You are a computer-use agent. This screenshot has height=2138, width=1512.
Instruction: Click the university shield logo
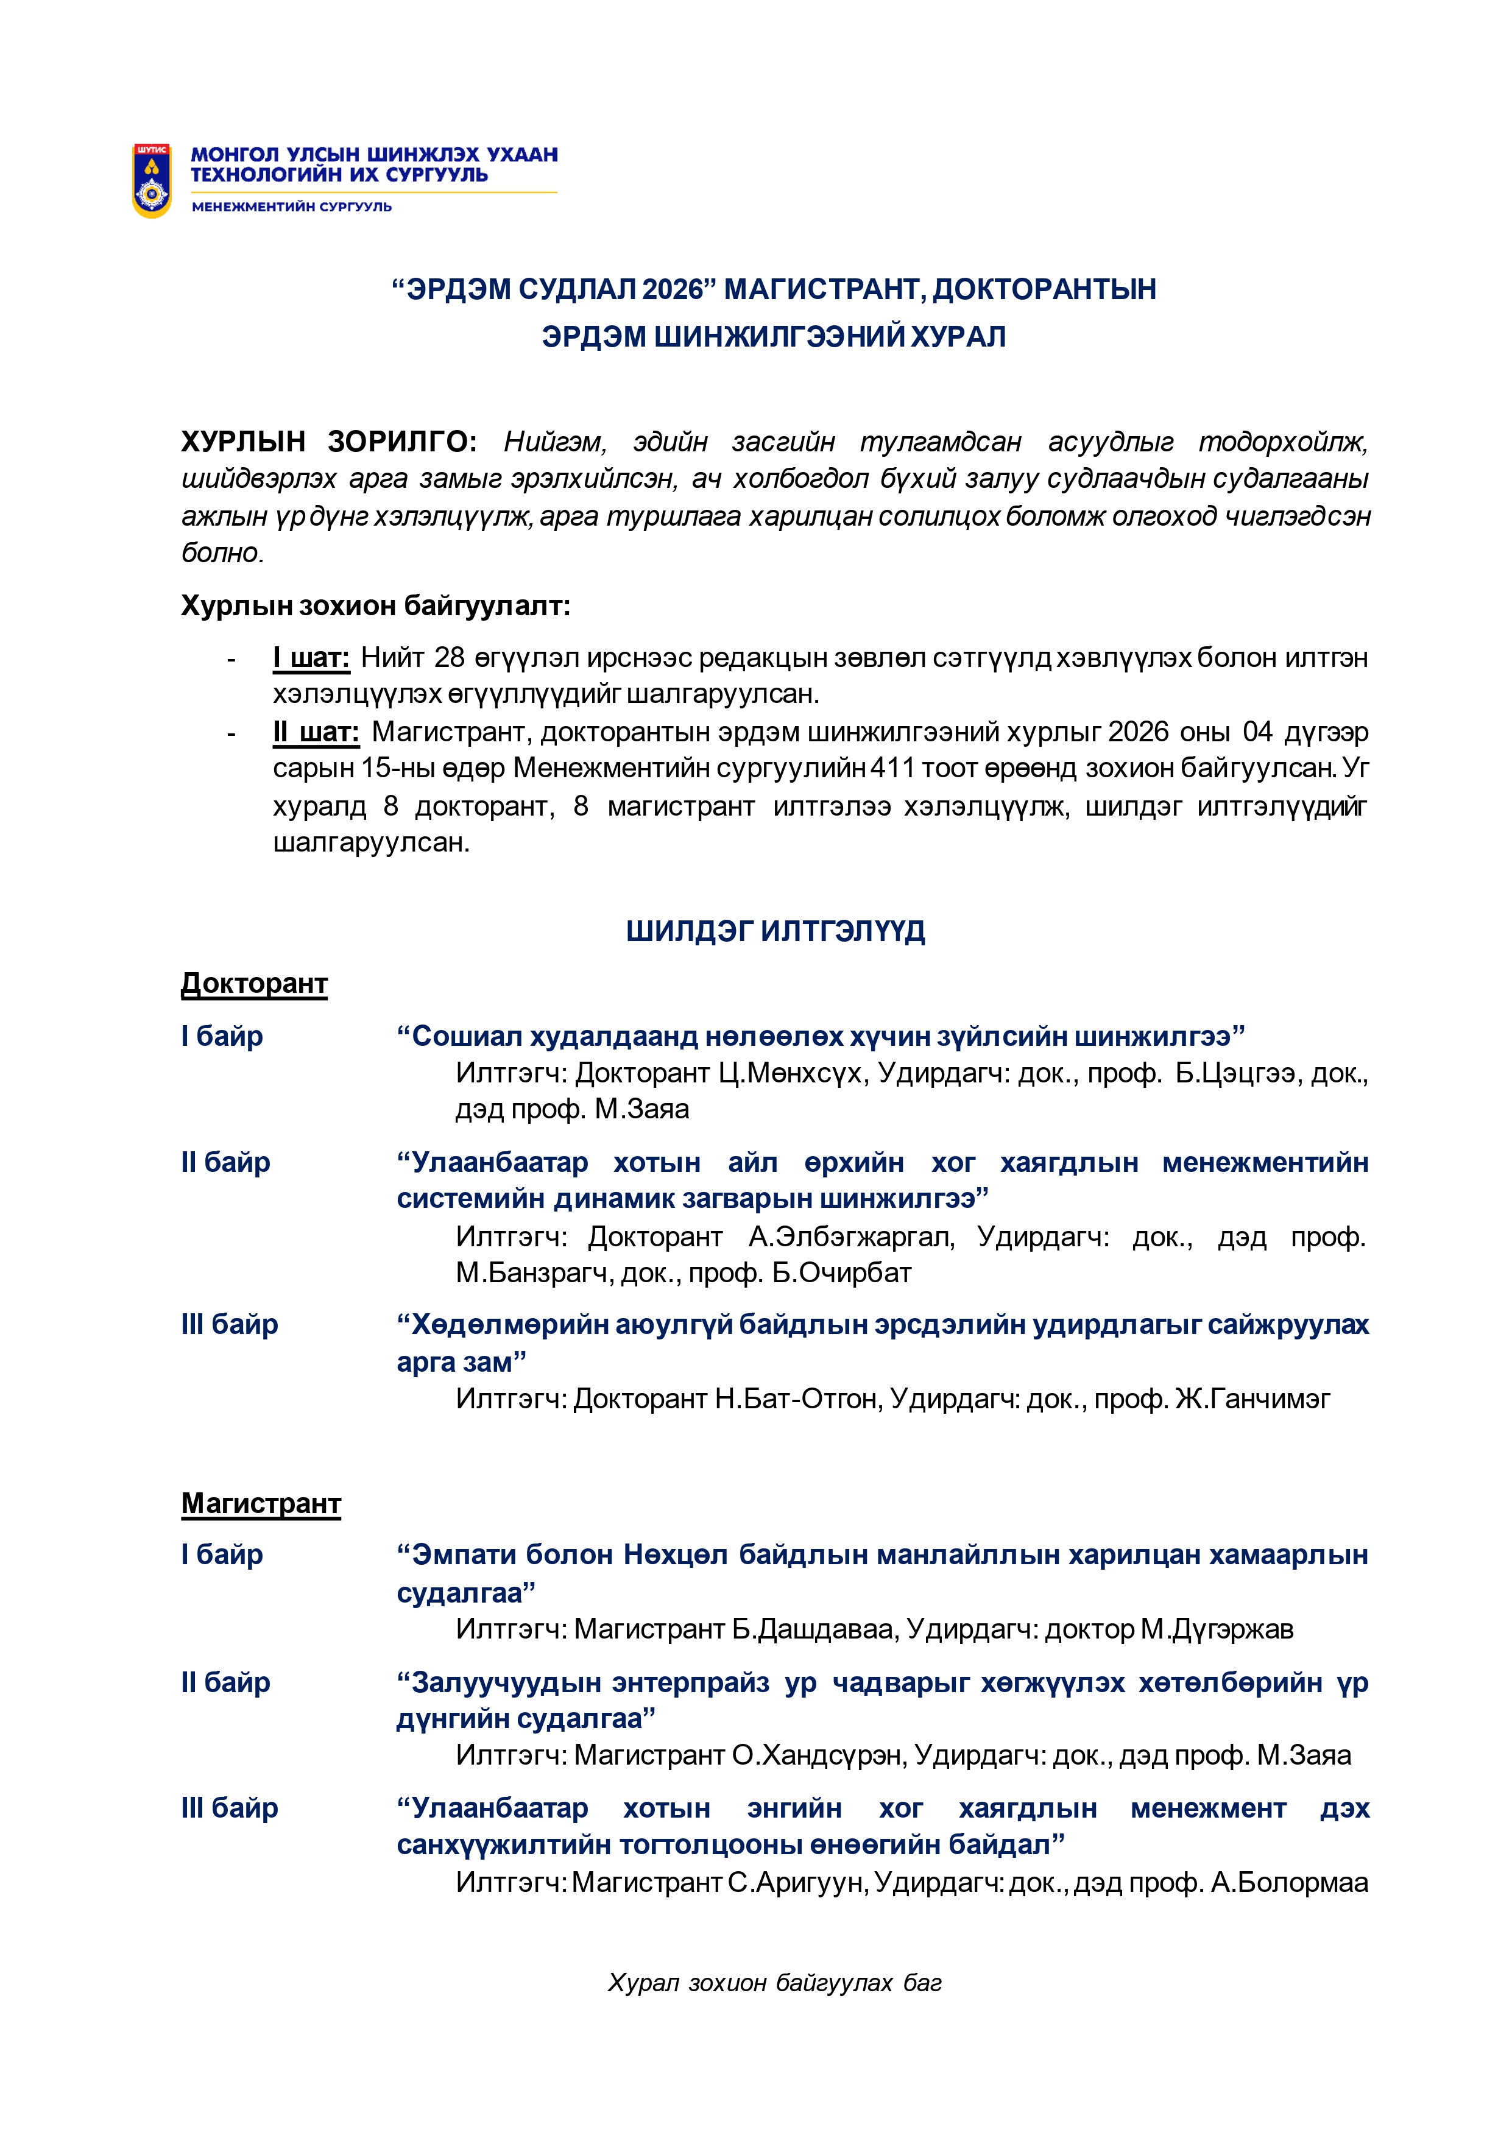152,181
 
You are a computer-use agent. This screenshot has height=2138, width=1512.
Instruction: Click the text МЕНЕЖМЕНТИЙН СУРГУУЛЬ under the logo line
291,206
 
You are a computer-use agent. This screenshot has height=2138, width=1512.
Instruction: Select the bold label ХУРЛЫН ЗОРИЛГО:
328,442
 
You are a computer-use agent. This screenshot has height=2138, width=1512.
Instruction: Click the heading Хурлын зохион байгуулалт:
375,606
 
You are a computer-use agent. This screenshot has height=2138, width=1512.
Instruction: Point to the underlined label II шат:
316,733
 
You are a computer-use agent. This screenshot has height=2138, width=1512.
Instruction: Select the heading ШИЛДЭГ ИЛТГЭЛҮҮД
775,931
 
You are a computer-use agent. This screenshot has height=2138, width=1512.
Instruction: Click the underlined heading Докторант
254,983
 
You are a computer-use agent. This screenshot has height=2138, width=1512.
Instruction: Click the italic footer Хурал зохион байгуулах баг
775,1983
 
